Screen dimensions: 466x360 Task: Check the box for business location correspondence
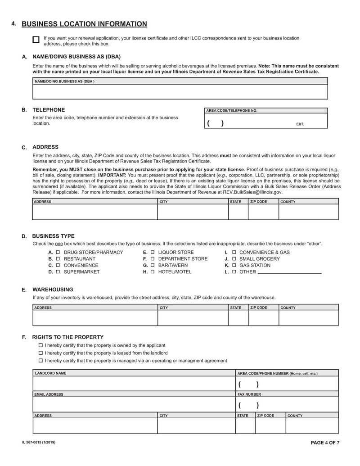[x=36, y=40]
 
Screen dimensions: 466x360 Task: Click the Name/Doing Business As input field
[x=180, y=92]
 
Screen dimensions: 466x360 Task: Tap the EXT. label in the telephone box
[x=300, y=124]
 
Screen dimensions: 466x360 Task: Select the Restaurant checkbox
[x=58, y=259]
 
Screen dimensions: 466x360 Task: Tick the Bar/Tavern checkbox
[x=153, y=266]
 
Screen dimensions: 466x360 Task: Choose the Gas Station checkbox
[x=234, y=266]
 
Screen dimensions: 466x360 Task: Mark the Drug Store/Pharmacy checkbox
[x=58, y=253]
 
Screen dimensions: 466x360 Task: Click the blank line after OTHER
[x=289, y=272]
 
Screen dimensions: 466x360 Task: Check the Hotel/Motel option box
[x=153, y=272]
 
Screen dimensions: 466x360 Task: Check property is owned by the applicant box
[x=40, y=345]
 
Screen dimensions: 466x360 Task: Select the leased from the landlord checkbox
[x=40, y=353]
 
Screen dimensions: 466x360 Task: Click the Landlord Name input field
[x=134, y=384]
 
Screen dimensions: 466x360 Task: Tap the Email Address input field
[x=134, y=405]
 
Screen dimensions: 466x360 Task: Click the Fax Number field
[x=287, y=405]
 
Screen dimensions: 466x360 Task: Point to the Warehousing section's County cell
[x=308, y=318]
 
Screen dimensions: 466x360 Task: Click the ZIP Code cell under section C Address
[x=263, y=212]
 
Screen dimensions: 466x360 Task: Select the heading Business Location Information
[x=84, y=24]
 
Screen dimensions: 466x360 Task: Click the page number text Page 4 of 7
[x=325, y=443]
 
